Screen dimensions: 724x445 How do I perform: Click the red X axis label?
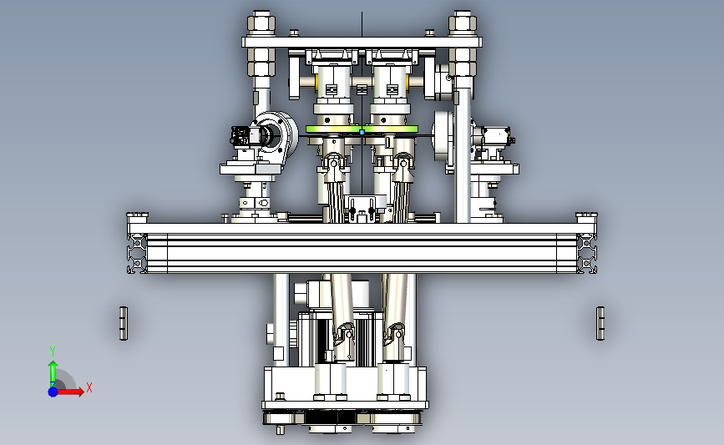click(x=89, y=387)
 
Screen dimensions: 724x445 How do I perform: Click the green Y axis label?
click(x=53, y=351)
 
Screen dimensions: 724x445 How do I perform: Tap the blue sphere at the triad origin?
click(x=53, y=392)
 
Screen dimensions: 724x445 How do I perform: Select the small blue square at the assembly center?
click(x=362, y=132)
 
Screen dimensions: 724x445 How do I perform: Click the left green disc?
click(x=333, y=129)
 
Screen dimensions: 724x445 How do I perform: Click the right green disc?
click(x=391, y=129)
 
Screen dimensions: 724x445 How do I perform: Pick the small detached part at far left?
click(x=124, y=323)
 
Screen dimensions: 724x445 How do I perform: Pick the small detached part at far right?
click(x=600, y=323)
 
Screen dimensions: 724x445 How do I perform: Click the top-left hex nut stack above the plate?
click(x=261, y=23)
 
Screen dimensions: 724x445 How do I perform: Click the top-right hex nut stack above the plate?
click(x=463, y=23)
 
